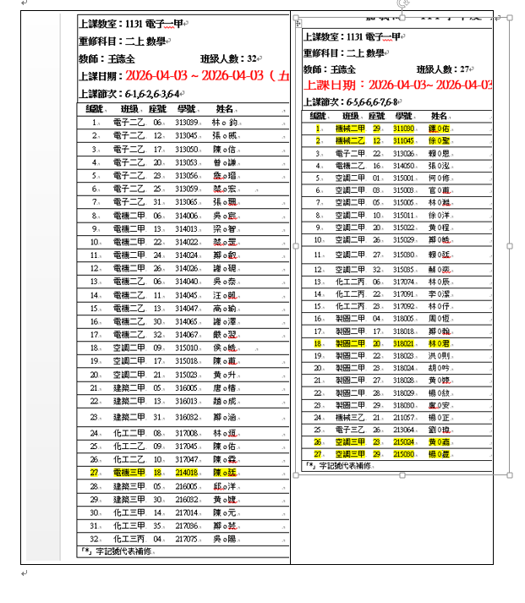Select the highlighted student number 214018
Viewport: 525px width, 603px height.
click(x=186, y=472)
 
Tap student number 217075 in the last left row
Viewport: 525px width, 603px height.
click(x=186, y=538)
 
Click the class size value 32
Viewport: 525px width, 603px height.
click(x=253, y=59)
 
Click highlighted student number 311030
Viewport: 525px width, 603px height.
click(x=403, y=129)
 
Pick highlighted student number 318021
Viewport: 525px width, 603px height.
click(x=404, y=343)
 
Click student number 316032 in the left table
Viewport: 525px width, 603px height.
click(x=186, y=417)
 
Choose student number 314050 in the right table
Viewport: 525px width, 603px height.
click(x=404, y=166)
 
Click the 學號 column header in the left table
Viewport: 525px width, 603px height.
click(x=187, y=110)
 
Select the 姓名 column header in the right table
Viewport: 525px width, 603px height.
click(x=440, y=116)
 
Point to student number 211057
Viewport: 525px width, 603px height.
click(x=404, y=417)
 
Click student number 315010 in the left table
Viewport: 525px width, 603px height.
click(x=186, y=347)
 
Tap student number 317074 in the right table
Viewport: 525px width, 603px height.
click(x=404, y=282)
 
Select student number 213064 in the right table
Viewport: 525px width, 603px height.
click(x=404, y=430)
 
